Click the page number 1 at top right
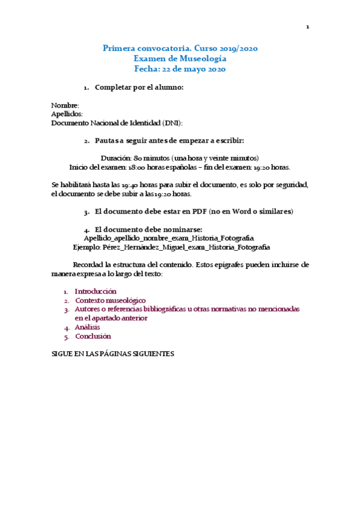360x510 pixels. (308, 27)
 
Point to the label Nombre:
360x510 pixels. (65, 105)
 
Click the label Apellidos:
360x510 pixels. (67, 114)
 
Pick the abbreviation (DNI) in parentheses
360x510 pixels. (173, 123)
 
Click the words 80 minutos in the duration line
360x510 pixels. (148, 158)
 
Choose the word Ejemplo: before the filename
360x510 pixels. (87, 247)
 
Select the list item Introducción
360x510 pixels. (96, 291)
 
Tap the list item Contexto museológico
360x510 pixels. (110, 300)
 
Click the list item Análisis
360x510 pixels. (88, 327)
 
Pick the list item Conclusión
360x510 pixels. (93, 336)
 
